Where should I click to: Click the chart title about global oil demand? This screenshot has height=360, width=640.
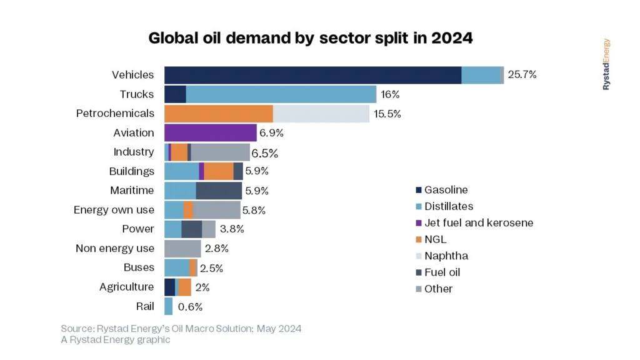[310, 38]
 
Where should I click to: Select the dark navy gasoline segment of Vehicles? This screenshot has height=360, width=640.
[312, 75]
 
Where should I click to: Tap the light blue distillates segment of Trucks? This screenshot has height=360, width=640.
[281, 94]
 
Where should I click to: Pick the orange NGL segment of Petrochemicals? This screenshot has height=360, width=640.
[218, 114]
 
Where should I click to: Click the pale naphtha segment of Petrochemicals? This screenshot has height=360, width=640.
[321, 114]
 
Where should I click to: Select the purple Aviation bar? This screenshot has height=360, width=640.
[210, 133]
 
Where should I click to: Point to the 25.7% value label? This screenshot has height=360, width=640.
[522, 75]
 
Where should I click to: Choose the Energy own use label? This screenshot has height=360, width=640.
[114, 210]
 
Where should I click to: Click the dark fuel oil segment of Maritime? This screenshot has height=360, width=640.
[219, 191]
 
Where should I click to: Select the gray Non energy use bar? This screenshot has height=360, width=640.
[182, 249]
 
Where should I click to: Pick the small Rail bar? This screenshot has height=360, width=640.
[168, 306]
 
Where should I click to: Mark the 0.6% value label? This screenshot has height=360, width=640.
[190, 307]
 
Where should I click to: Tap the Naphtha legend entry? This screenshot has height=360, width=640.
[446, 256]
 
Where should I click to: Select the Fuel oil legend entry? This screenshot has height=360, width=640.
[442, 272]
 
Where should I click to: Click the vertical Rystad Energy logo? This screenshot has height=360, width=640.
[606, 64]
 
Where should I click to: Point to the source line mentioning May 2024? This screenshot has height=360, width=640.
[181, 329]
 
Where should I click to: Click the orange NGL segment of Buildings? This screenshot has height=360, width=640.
[219, 171]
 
